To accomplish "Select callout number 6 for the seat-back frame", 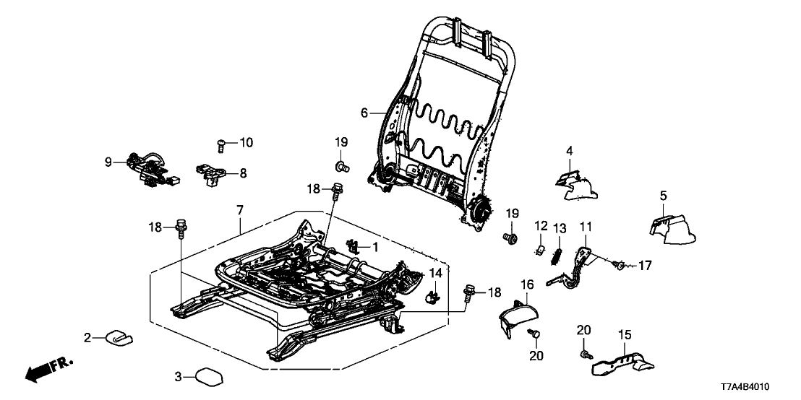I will pyautogui.click(x=364, y=113).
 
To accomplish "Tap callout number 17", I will pyautogui.click(x=644, y=266).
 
